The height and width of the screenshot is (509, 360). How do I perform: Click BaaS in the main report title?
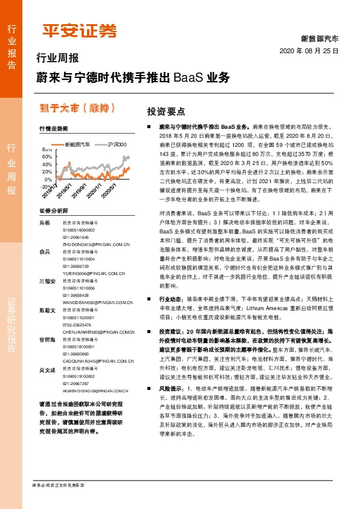click(188, 79)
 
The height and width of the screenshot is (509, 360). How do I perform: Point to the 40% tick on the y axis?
click(48, 164)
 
